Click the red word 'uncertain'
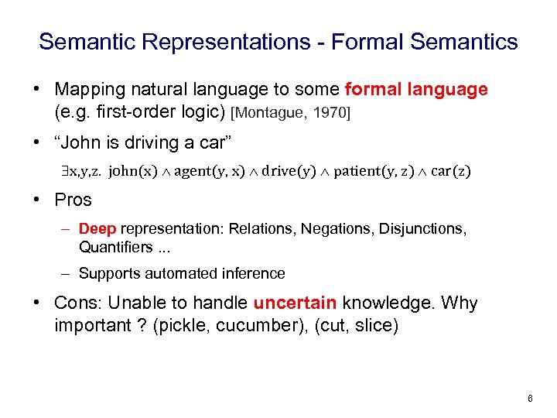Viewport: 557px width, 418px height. tap(295, 303)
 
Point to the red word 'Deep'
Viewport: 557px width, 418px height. tap(97, 228)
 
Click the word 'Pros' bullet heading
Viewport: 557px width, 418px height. tap(73, 200)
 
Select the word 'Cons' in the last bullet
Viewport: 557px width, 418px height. tap(76, 303)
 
